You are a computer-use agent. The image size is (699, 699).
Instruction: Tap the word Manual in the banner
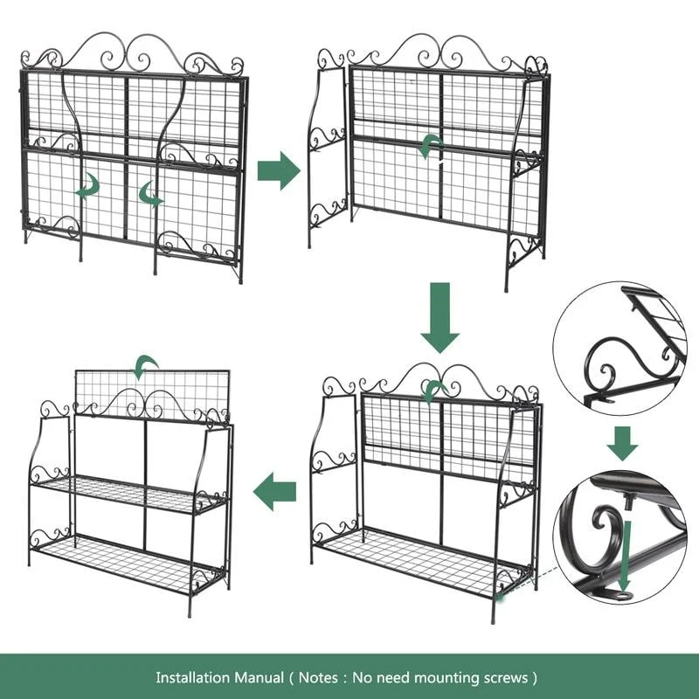(260, 678)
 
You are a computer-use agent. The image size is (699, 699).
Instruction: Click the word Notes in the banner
(318, 678)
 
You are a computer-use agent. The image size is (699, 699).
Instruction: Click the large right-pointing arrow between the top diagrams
(279, 170)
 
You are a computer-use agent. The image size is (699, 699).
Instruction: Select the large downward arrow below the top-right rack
(440, 317)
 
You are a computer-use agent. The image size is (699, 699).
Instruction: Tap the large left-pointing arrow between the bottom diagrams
(274, 492)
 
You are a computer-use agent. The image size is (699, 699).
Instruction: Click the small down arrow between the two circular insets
(622, 444)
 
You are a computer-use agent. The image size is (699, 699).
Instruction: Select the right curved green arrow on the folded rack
(149, 194)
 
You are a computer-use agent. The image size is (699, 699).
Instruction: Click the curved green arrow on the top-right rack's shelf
(429, 145)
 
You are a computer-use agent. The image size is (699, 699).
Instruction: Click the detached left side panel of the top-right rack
(326, 147)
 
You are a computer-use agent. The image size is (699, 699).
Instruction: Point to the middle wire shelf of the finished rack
(129, 493)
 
